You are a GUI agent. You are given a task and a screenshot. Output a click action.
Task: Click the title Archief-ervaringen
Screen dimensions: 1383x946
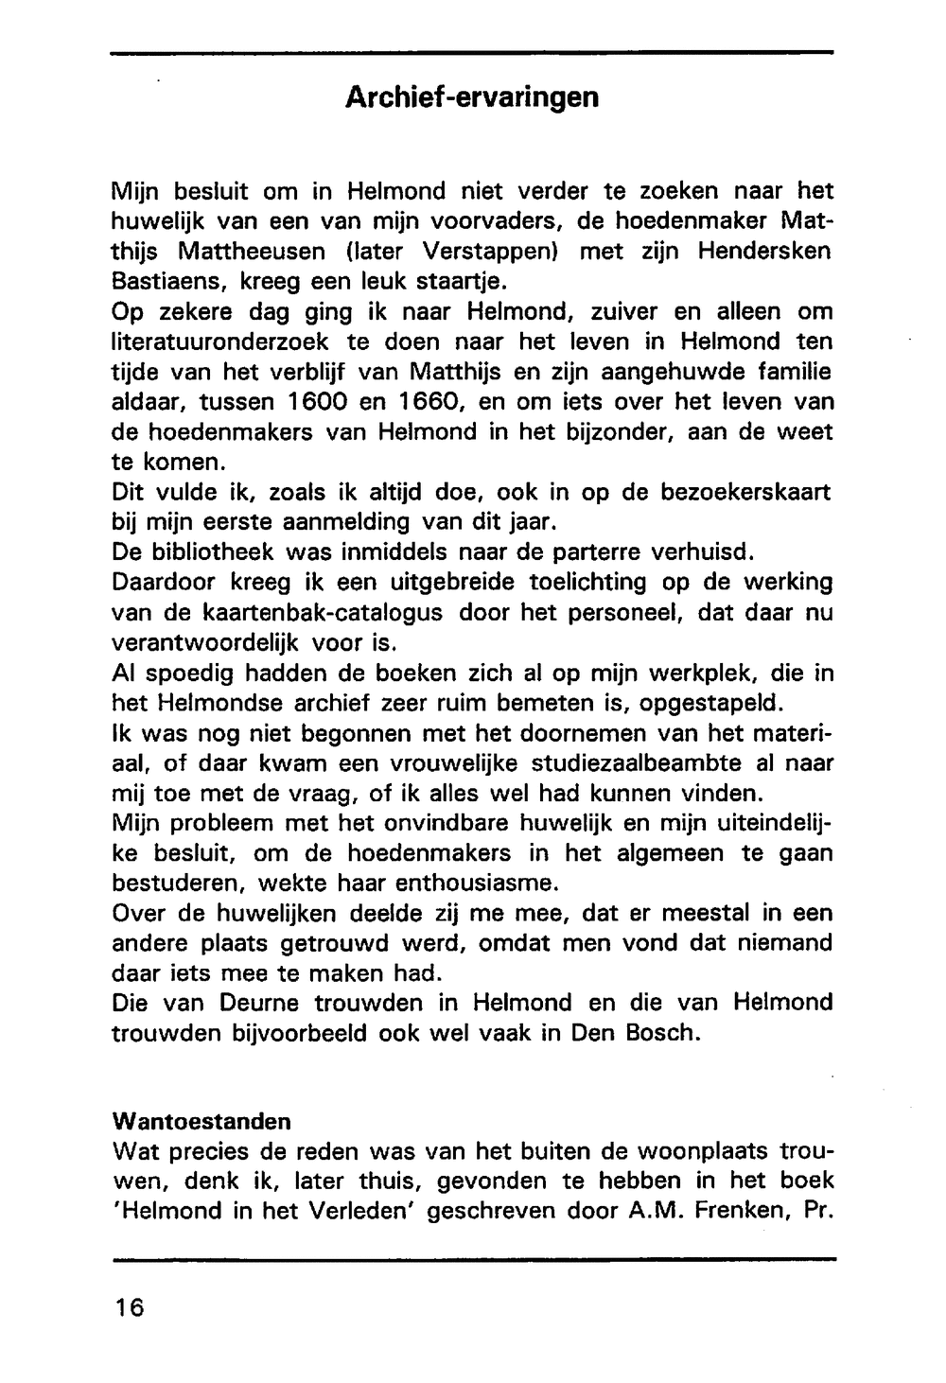tap(471, 97)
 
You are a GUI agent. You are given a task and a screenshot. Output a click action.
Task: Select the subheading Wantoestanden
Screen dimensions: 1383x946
tap(201, 1121)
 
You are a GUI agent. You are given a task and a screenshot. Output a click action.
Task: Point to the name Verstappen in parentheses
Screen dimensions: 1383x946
tap(491, 252)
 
